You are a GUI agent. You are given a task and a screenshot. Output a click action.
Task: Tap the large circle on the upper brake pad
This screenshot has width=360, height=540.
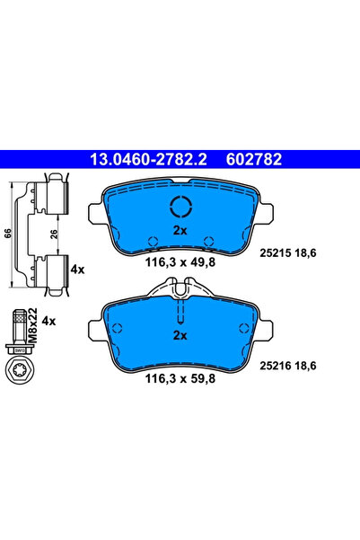pos(180,208)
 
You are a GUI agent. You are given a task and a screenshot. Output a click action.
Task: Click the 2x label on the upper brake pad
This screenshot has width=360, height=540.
pos(180,231)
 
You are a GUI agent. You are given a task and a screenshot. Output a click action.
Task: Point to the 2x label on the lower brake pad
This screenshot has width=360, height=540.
pos(180,335)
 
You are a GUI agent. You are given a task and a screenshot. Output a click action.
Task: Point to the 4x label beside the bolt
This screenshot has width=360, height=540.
pos(48,320)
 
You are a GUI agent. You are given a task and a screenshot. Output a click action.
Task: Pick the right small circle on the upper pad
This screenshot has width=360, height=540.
pos(208,240)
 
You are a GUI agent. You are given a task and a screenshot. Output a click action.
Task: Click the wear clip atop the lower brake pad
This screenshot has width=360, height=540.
pos(180,289)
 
